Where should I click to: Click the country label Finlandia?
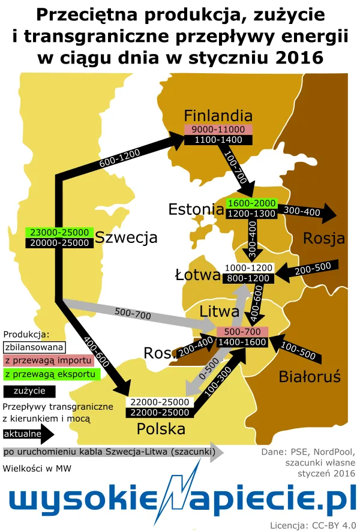click(218, 115)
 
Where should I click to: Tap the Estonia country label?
click(196, 209)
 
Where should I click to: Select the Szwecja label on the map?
click(127, 237)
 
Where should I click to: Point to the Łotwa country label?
click(196, 275)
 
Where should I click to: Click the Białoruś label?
click(310, 377)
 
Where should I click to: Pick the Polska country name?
click(161, 429)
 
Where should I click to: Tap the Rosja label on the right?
click(324, 238)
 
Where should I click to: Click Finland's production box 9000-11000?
click(218, 129)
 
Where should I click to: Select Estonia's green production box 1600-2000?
click(251, 203)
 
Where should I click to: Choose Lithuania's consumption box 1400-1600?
click(242, 342)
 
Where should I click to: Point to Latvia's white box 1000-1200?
click(248, 267)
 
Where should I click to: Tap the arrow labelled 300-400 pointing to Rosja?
click(307, 211)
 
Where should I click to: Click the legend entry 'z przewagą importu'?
click(48, 360)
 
